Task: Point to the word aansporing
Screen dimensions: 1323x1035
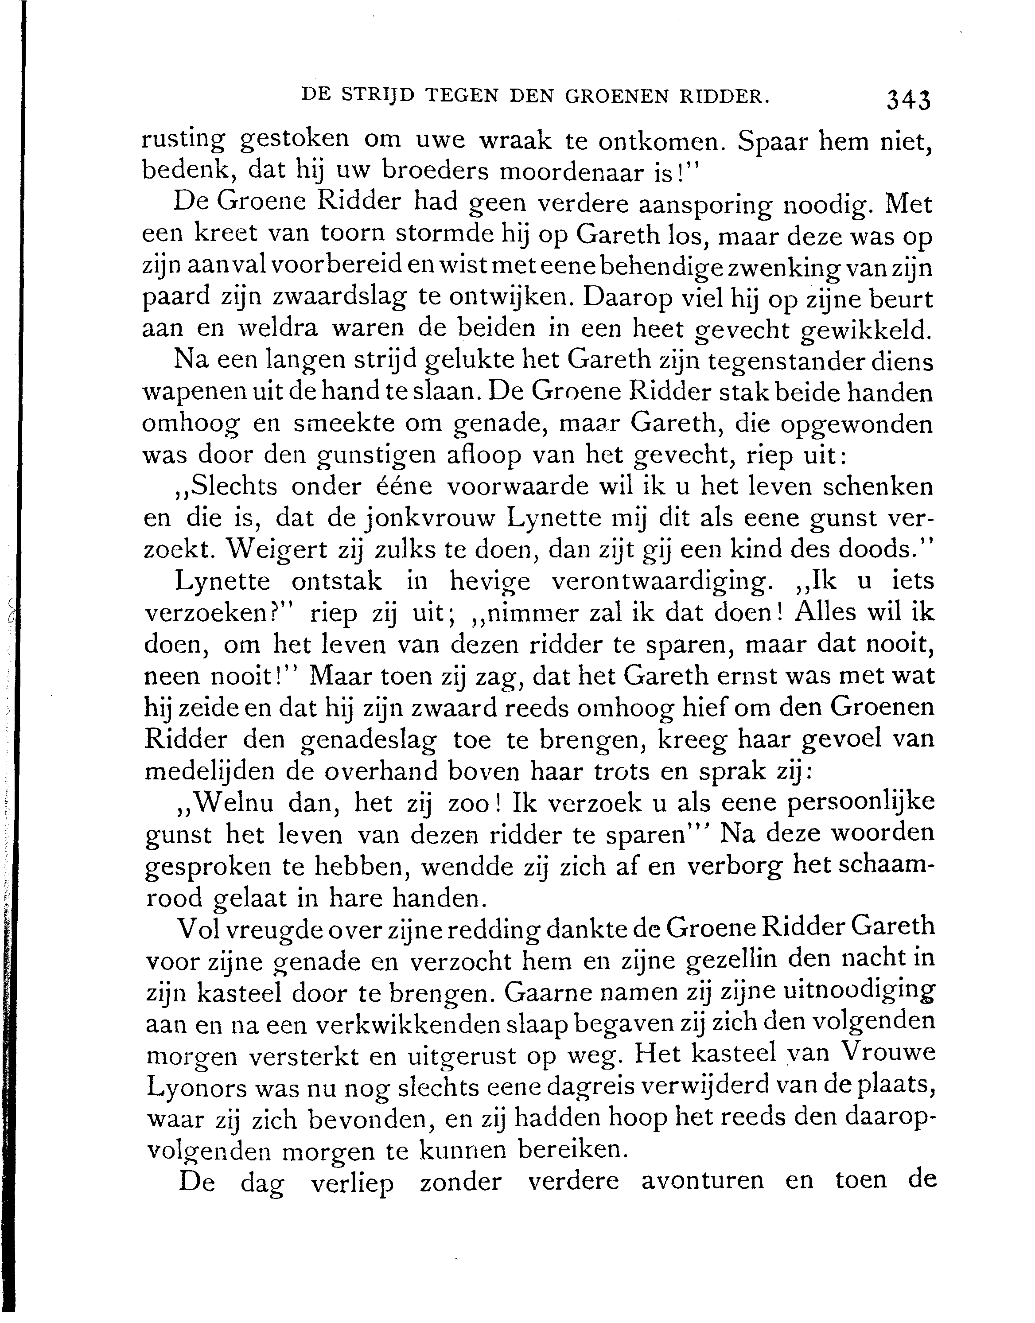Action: click(705, 204)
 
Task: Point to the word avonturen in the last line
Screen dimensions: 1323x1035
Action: click(702, 1182)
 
